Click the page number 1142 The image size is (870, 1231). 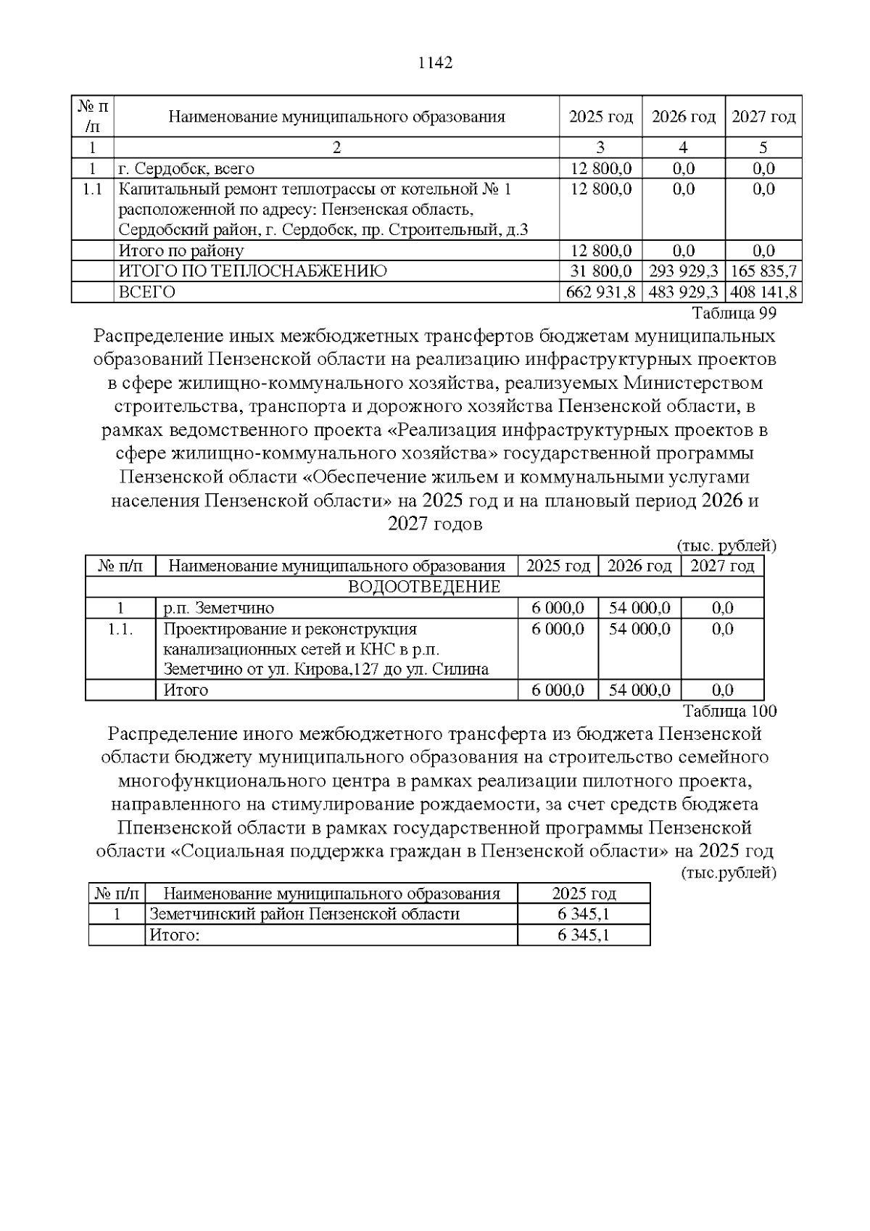[436, 63]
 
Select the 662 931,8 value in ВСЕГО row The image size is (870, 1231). [600, 292]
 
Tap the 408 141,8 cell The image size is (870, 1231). [763, 292]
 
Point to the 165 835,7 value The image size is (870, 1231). [763, 271]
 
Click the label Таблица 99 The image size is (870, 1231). [734, 314]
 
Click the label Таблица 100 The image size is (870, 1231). [730, 711]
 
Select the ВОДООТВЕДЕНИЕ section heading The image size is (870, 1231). [424, 587]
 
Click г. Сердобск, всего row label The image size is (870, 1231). [186, 169]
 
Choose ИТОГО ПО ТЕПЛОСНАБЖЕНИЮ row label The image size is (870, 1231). [252, 271]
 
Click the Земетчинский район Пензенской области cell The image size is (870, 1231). [304, 914]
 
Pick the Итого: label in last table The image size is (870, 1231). [174, 935]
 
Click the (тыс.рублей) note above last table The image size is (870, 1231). [729, 873]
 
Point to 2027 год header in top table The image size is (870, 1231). [763, 117]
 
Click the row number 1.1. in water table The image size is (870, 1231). [120, 629]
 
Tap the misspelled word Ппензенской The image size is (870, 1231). [170, 828]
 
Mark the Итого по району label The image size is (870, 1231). [181, 251]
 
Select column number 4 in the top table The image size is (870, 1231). [683, 148]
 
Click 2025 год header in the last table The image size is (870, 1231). [584, 894]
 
